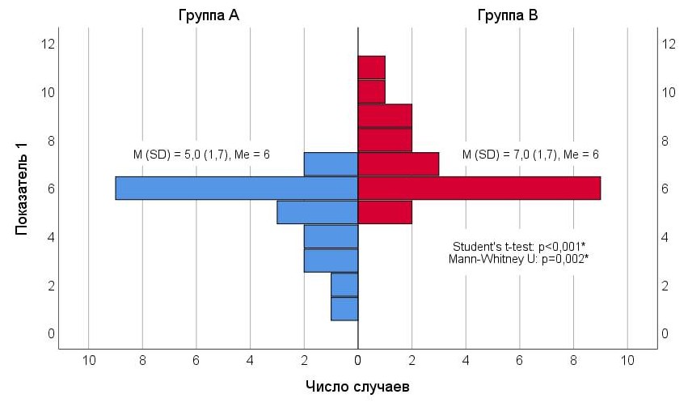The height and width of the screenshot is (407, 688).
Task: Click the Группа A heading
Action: click(209, 16)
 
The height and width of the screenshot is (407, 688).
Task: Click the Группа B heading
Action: click(508, 16)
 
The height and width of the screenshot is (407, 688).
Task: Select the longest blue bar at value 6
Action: click(237, 188)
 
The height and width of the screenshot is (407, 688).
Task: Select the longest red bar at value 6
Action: click(479, 188)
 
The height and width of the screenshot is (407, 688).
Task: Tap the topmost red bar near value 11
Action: click(372, 68)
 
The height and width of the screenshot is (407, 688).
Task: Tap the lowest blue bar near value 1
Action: click(345, 309)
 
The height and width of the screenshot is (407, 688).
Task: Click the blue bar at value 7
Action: click(331, 164)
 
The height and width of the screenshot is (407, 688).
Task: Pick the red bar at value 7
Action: click(399, 164)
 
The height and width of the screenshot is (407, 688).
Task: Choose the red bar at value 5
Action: click(385, 212)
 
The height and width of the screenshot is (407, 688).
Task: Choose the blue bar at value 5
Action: click(318, 212)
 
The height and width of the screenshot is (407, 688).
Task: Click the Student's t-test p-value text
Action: click(519, 246)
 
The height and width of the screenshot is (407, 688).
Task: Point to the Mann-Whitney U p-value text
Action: click(518, 259)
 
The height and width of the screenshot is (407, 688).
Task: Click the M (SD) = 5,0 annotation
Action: click(201, 155)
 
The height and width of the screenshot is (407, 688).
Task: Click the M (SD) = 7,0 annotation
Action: click(530, 155)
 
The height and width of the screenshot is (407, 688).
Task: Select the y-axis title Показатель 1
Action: click(21, 189)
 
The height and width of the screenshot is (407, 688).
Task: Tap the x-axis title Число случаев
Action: click(357, 386)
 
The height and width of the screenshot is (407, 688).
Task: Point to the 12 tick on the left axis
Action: click(49, 44)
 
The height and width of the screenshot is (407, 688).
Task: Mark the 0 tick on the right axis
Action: click(665, 333)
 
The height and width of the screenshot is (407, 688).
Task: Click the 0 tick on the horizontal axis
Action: click(358, 360)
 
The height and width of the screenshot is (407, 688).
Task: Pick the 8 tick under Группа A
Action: click(142, 360)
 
